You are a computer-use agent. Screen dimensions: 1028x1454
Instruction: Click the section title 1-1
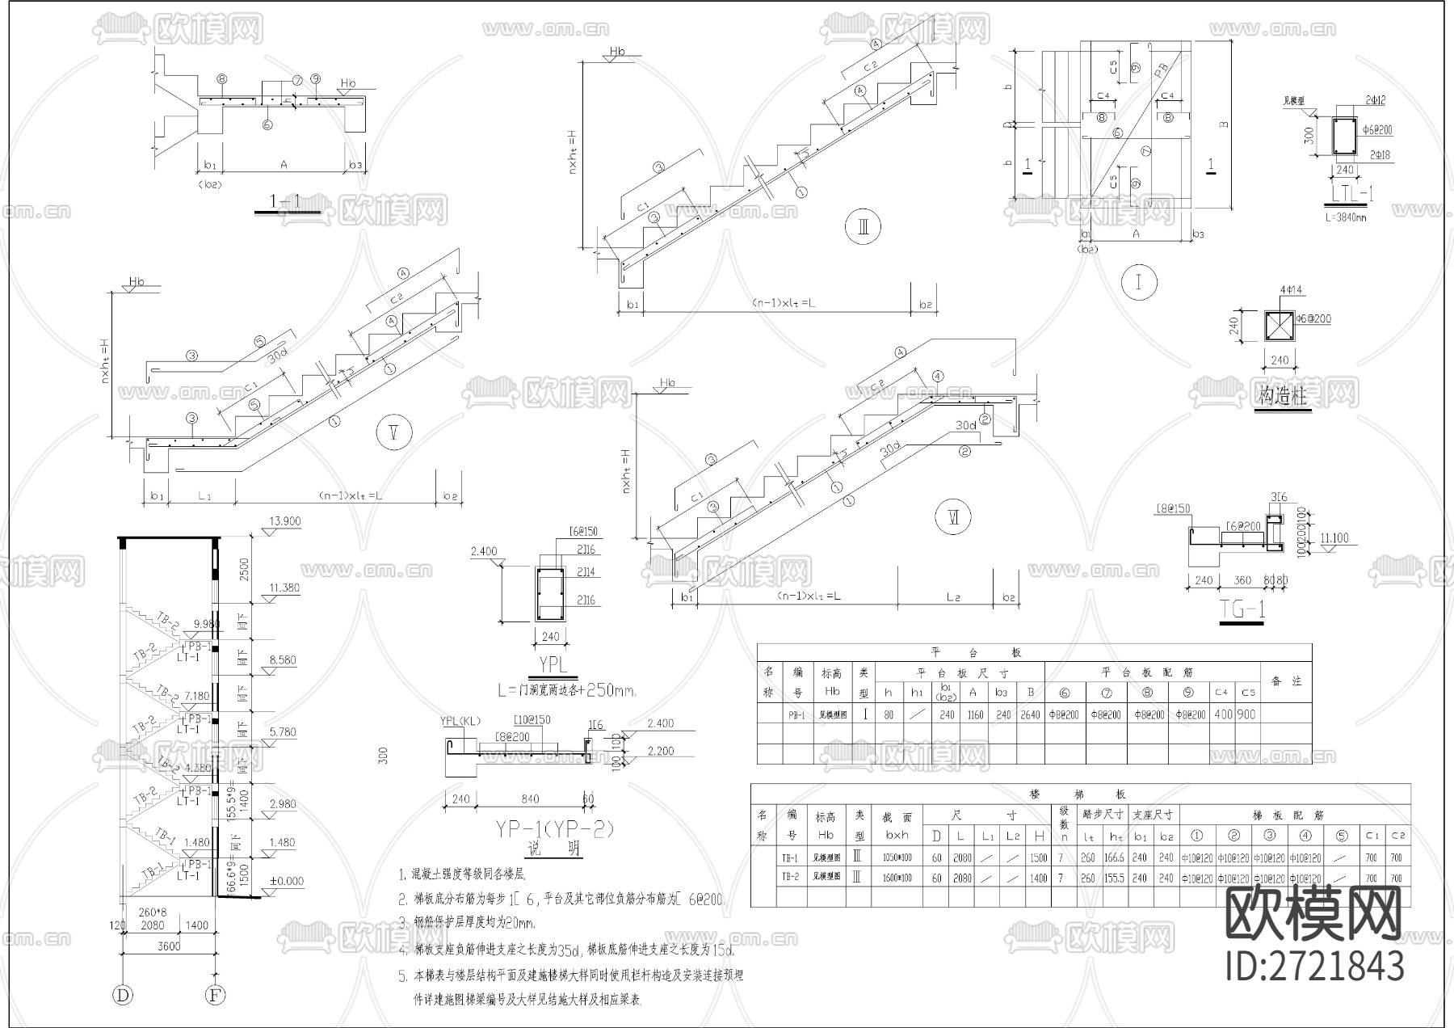287,201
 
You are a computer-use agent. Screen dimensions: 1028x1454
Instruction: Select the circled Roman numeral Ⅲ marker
863,227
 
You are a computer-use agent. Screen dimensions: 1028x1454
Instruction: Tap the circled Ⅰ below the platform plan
1139,283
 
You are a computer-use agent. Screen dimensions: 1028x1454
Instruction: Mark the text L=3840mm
1346,217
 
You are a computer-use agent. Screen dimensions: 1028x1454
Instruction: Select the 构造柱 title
1282,397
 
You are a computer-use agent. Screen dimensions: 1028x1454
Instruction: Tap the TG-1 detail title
1242,610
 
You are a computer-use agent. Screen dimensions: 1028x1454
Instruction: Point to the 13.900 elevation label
284,522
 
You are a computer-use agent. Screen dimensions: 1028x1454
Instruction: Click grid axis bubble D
123,995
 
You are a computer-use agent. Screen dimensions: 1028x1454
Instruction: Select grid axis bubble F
215,995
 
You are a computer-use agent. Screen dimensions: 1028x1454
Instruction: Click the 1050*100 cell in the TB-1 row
897,857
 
